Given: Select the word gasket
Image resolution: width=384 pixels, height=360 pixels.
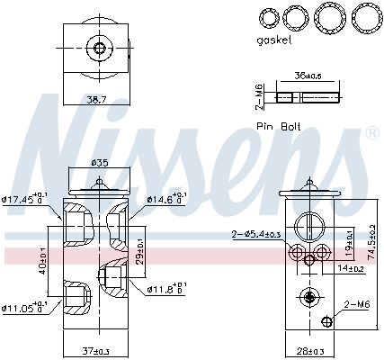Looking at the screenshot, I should (x=275, y=41).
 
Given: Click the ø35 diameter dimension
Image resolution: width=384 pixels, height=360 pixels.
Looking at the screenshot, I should (x=99, y=164).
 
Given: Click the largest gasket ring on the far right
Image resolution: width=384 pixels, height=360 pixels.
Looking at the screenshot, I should (x=364, y=18).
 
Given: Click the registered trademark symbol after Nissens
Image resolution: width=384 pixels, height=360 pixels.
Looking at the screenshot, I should (x=371, y=133).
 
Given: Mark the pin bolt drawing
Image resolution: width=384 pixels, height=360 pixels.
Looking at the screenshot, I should (x=307, y=96).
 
